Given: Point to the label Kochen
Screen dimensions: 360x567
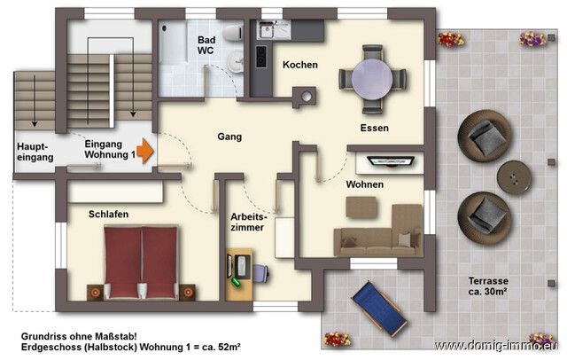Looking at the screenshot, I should pos(300,66).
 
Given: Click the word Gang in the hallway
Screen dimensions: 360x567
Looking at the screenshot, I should pos(229,137).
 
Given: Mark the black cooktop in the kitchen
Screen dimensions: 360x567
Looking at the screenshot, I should pos(262,56).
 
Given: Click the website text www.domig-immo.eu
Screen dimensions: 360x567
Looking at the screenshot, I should pos(495,346).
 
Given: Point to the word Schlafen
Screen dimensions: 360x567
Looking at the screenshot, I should pos(108,215).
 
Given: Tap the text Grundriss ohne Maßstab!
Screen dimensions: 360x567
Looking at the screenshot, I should pos(77,337).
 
